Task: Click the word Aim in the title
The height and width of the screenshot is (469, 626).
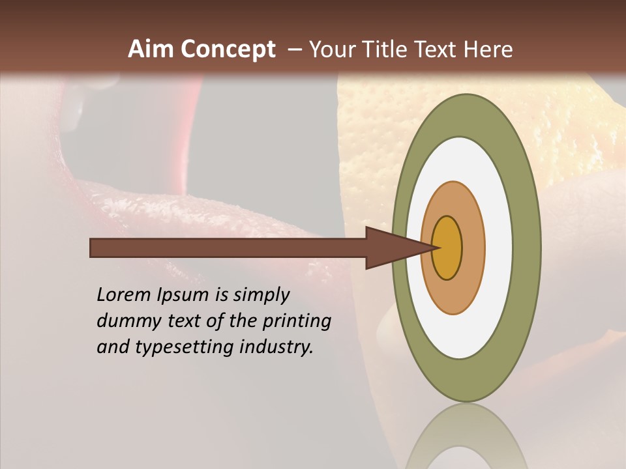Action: coord(151,50)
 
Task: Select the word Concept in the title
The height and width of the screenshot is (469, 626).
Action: coord(228,50)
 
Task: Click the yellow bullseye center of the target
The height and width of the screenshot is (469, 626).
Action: coord(447,248)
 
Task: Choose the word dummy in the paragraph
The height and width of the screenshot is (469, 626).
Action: coord(123,322)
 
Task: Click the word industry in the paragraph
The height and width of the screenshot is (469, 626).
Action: coord(276,348)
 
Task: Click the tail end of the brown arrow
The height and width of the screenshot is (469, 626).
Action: coord(95,248)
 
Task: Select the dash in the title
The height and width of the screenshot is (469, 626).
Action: coord(293,50)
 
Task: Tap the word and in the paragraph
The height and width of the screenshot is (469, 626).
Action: coord(113,347)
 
